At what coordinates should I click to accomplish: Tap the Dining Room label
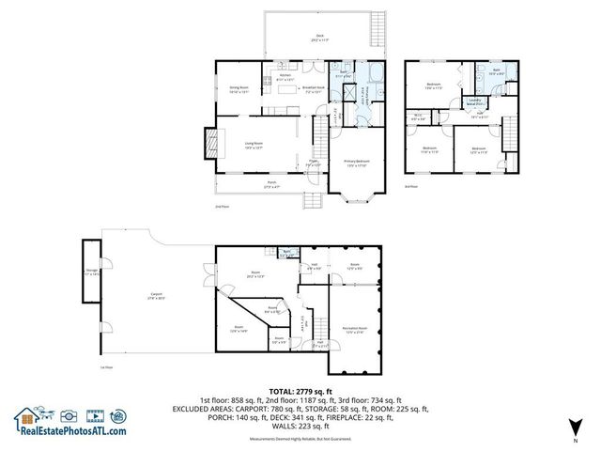239,90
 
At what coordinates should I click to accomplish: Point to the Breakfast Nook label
313,90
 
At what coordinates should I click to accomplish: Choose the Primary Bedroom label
358,164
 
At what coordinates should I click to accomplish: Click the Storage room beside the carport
91,272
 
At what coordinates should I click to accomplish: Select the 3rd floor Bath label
495,70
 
